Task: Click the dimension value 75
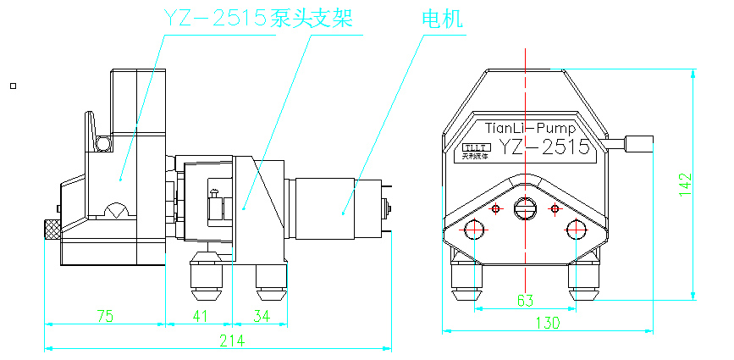click(x=105, y=316)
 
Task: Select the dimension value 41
click(x=199, y=316)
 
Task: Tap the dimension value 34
click(x=262, y=316)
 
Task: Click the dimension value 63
click(x=525, y=300)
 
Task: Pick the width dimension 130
click(x=549, y=323)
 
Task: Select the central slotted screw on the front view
click(x=525, y=208)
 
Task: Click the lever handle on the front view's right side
click(x=641, y=143)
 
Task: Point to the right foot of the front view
click(x=585, y=284)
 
